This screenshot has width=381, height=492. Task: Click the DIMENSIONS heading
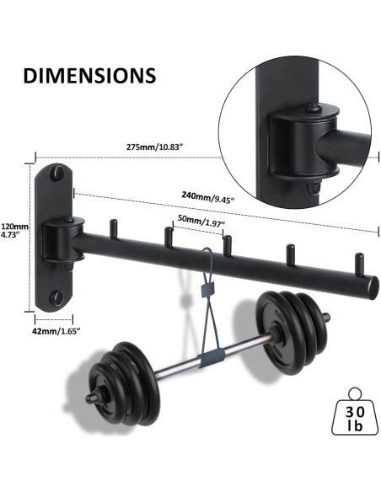pos(89,74)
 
